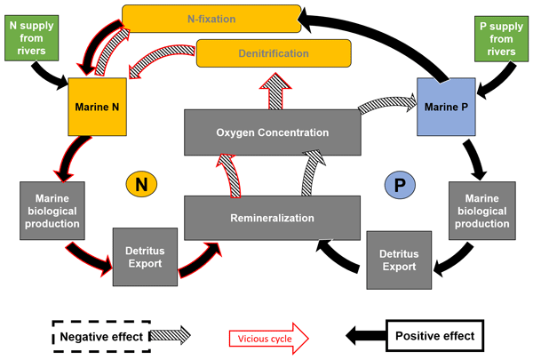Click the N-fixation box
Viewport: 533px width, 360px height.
click(x=211, y=19)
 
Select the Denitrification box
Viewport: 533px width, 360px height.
click(x=274, y=53)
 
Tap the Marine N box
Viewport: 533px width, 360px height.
click(x=97, y=107)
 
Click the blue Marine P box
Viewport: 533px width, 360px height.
click(x=446, y=107)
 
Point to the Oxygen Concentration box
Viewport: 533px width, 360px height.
click(x=273, y=132)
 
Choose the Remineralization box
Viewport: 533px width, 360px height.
click(x=272, y=218)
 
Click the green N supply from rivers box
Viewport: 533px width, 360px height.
click(x=32, y=38)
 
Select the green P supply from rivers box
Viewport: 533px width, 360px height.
click(x=501, y=39)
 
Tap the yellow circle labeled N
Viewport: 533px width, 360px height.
click(x=141, y=184)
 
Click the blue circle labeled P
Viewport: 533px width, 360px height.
click(x=400, y=185)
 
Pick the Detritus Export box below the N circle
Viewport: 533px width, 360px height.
click(x=145, y=257)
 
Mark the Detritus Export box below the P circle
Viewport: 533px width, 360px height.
click(x=399, y=260)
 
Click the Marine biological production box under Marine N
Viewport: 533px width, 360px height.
click(x=52, y=211)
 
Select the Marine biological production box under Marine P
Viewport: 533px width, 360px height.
click(x=482, y=211)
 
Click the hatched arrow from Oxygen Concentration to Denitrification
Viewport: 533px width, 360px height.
click(x=275, y=91)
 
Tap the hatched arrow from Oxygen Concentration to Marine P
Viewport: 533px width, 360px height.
click(x=388, y=104)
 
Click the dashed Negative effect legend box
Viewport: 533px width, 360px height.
click(x=101, y=337)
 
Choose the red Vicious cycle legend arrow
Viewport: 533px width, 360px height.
click(x=268, y=339)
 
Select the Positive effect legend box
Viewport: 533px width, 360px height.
click(x=434, y=335)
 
